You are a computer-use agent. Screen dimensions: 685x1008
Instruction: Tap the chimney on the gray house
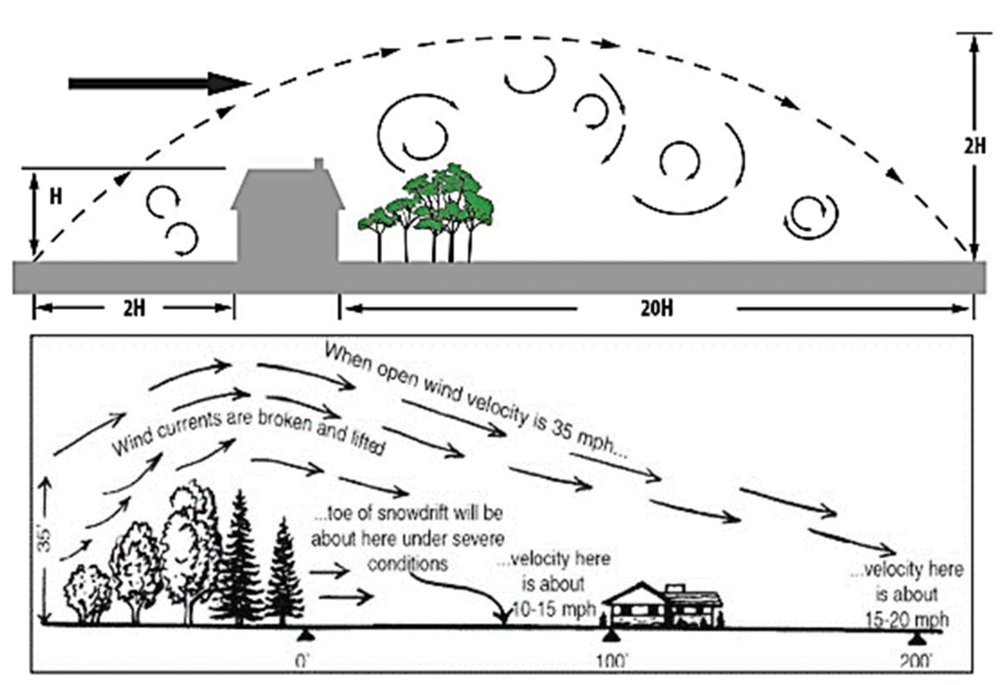click(319, 164)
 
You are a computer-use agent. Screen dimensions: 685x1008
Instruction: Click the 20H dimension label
click(657, 309)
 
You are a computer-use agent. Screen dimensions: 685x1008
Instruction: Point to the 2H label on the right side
click(975, 147)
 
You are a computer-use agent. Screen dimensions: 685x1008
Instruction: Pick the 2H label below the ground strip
click(134, 309)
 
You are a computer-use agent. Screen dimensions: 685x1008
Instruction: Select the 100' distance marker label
click(612, 661)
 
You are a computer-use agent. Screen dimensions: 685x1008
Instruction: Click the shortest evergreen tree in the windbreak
click(284, 573)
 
